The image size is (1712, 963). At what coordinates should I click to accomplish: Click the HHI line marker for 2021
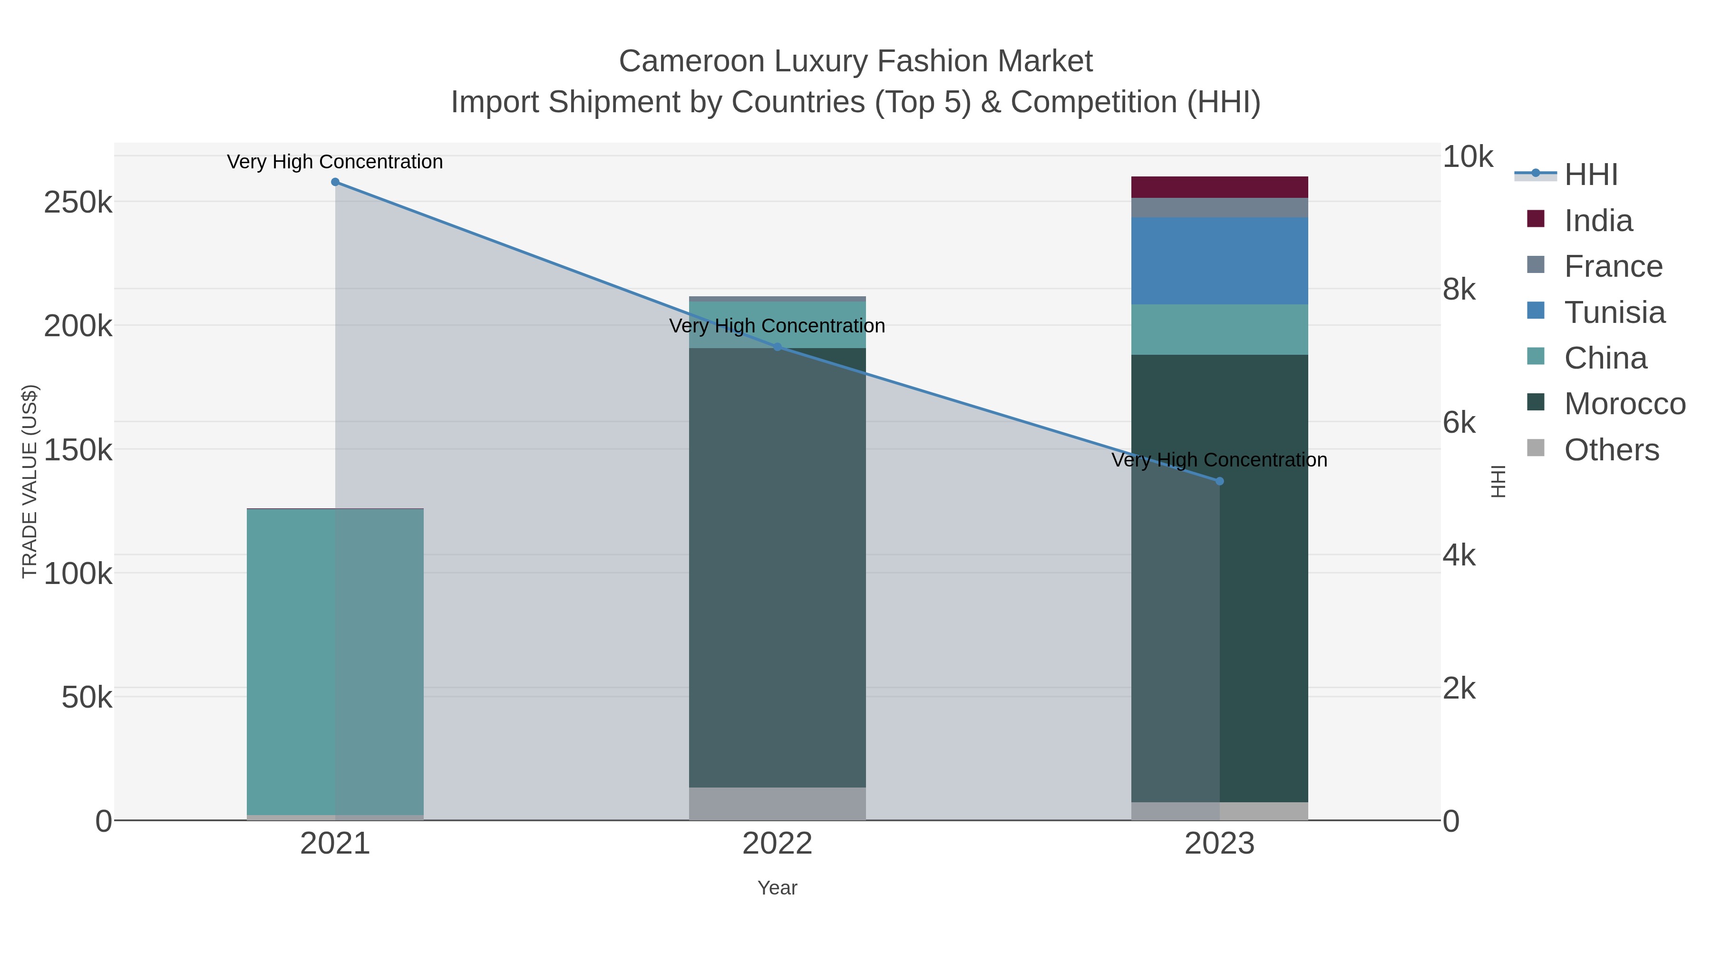coord(335,182)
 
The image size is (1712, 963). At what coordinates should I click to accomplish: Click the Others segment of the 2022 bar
coord(777,804)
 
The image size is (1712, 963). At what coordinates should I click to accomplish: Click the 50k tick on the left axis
coord(87,697)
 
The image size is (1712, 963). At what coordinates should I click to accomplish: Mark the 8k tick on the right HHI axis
coord(1459,289)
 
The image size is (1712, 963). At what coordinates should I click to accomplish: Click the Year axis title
coord(777,888)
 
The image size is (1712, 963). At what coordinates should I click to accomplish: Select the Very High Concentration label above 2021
coord(335,162)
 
